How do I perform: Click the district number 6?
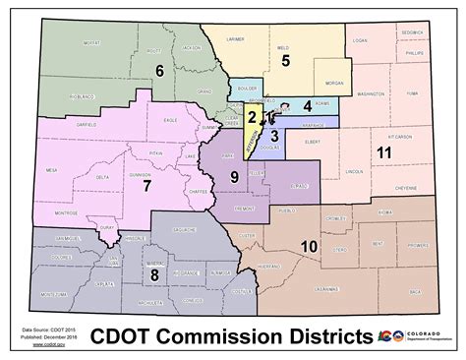pyautogui.click(x=158, y=70)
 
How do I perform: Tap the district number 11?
pyautogui.click(x=383, y=151)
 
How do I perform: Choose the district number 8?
pyautogui.click(x=153, y=274)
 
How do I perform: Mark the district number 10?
pyautogui.click(x=308, y=245)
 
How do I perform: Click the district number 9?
pyautogui.click(x=234, y=176)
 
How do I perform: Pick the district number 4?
pyautogui.click(x=307, y=105)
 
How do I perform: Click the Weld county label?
pyautogui.click(x=283, y=46)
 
